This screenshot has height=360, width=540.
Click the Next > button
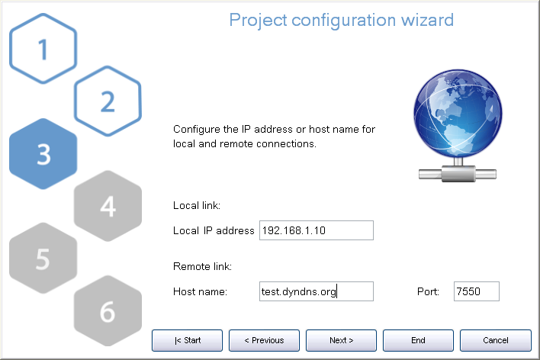[x=341, y=340]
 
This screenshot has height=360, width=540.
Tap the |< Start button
[x=187, y=340]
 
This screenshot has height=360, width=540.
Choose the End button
[x=418, y=340]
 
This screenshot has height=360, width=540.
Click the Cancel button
[x=495, y=340]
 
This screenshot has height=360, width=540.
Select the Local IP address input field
[x=316, y=230]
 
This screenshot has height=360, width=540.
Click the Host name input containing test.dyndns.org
[x=316, y=291]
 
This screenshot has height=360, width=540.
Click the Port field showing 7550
[x=476, y=291]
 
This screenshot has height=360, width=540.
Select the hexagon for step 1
[x=43, y=50]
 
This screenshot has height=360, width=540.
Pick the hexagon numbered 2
[x=107, y=100]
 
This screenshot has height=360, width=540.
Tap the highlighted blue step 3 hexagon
[x=43, y=154]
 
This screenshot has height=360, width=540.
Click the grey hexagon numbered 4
[x=107, y=206]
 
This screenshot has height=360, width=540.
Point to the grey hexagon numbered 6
[x=107, y=310]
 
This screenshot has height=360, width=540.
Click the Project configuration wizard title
[x=342, y=19]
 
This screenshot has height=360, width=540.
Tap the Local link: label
[x=197, y=205]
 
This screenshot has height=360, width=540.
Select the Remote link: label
[x=202, y=266]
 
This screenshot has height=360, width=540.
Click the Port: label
[x=428, y=291]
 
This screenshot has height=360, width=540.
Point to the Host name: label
[x=201, y=291]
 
